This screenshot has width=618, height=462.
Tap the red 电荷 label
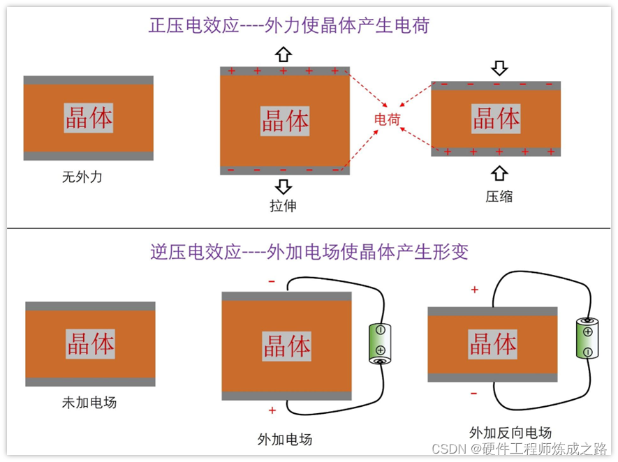coord(387,119)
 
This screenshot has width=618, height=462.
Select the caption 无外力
coord(82,177)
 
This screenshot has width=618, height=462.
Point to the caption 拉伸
coord(283,206)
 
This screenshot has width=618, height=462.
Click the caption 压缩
coord(499,196)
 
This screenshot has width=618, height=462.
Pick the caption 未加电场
coord(89,403)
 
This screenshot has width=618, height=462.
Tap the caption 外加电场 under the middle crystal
coord(284,439)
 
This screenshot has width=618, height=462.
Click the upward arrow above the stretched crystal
coord(283,54)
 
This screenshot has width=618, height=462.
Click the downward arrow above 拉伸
coord(283,186)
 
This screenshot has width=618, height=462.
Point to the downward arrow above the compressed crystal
coord(499,68)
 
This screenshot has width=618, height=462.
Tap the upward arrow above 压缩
coord(499,173)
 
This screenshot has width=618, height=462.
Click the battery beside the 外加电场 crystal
coord(381,344)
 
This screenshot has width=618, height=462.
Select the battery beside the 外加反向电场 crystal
coord(587,338)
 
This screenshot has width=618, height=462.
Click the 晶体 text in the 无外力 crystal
coord(89,118)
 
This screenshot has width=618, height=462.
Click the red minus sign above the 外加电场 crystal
coord(272,282)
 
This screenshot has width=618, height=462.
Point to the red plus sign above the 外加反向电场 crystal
coord(475,290)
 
